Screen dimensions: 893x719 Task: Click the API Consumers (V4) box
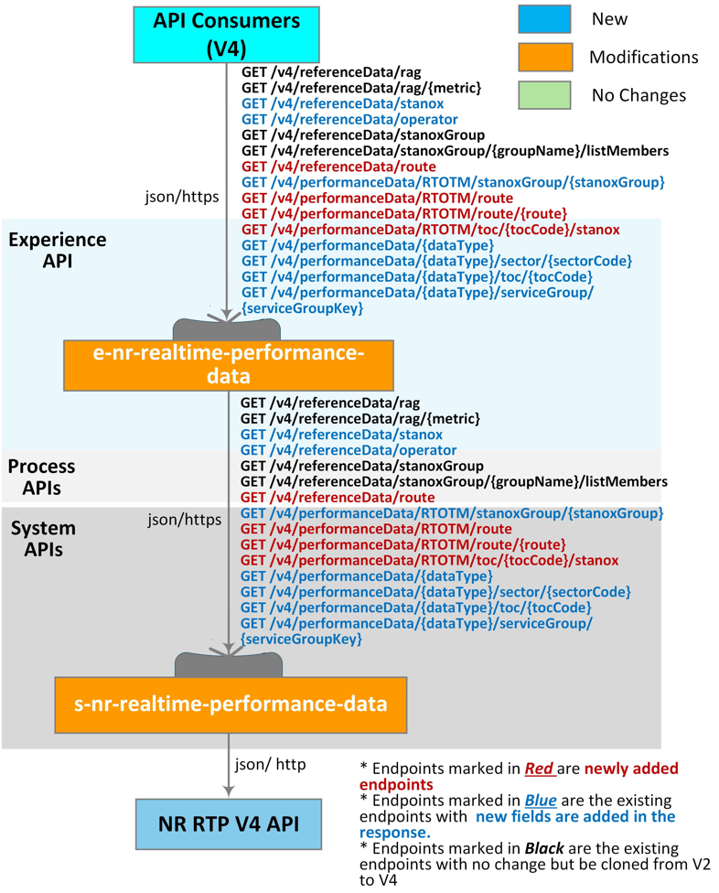pos(226,33)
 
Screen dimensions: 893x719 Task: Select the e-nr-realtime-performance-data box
pos(228,364)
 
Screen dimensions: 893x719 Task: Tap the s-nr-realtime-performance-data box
pos(230,705)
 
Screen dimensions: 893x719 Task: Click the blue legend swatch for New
pos(544,19)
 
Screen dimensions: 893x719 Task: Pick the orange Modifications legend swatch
pos(544,57)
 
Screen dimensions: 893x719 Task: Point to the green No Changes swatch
pos(544,94)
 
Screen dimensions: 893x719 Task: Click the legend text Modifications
pos(643,57)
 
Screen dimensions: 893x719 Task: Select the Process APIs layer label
pos(41,477)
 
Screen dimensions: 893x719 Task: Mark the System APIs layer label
pos(43,541)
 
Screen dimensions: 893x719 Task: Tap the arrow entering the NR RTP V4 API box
pos(226,789)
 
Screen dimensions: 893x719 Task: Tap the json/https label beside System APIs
pos(185,521)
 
